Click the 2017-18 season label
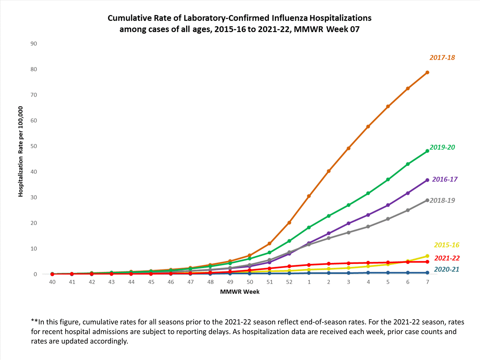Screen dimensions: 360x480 click(442, 58)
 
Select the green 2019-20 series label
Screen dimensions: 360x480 click(442, 147)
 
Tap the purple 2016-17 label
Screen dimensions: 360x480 click(444, 179)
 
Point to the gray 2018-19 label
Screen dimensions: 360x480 click(442, 200)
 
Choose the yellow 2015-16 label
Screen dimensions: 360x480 click(446, 245)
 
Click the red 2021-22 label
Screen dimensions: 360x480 click(447, 258)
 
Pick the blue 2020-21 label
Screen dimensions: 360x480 click(446, 269)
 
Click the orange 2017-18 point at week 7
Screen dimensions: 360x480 click(427, 73)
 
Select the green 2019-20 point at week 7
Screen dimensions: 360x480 click(427, 151)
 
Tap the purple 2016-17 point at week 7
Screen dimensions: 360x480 click(427, 180)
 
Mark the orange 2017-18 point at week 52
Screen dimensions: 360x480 click(289, 223)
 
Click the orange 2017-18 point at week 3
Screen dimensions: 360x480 click(348, 148)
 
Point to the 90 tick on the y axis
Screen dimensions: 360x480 click(34, 44)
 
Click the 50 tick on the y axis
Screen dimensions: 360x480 click(34, 146)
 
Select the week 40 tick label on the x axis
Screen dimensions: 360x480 click(52, 282)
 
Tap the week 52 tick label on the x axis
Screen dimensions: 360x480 click(289, 282)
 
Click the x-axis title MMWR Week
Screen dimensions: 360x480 click(240, 292)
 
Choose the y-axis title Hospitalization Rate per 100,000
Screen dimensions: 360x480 click(21, 151)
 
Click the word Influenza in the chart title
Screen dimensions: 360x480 click(290, 18)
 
